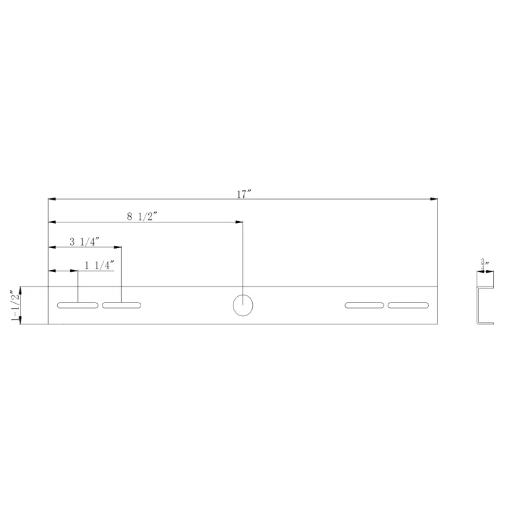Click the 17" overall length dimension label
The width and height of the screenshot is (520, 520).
click(x=243, y=194)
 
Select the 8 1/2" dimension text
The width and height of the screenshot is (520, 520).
click(x=143, y=216)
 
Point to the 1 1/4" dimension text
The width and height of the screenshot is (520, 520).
click(x=99, y=264)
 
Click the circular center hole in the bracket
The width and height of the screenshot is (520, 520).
click(x=242, y=304)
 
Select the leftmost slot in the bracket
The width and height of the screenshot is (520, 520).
click(x=78, y=305)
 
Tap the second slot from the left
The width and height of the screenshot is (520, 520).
click(x=121, y=305)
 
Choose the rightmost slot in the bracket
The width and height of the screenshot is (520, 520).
click(x=408, y=305)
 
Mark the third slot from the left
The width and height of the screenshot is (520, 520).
click(x=364, y=305)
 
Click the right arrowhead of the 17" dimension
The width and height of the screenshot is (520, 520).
click(x=434, y=199)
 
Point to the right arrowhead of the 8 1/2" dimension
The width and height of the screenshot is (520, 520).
click(x=239, y=222)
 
